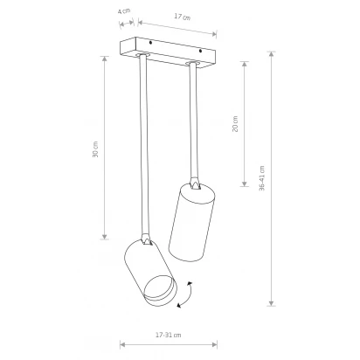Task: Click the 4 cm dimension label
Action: (124, 11)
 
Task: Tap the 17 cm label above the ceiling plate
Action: (183, 17)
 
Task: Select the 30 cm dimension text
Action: (95, 149)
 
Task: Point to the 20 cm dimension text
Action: (235, 124)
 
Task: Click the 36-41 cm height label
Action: (262, 178)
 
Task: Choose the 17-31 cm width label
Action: (169, 335)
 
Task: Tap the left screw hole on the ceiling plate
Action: (150, 43)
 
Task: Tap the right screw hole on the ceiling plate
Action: (200, 52)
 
